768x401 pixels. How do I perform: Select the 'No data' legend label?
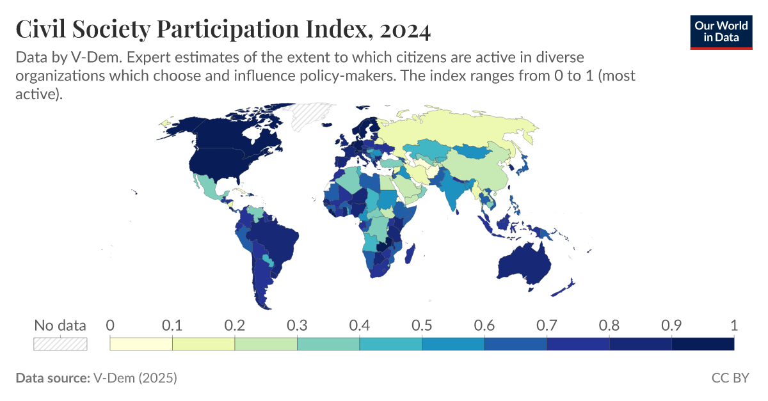point(60,325)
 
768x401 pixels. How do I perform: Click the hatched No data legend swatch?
point(60,343)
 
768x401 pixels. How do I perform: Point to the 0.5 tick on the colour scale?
point(422,325)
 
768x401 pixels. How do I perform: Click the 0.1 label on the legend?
point(172,325)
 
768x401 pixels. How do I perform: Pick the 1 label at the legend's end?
point(733,325)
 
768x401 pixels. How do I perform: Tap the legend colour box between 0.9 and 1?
point(702,344)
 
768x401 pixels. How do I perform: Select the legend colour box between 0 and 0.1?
point(141,344)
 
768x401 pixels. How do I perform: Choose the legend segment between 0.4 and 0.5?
point(390,344)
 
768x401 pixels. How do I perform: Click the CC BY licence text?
point(730,378)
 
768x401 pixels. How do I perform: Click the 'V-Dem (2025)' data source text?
point(135,378)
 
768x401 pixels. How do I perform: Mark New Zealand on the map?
point(564,287)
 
